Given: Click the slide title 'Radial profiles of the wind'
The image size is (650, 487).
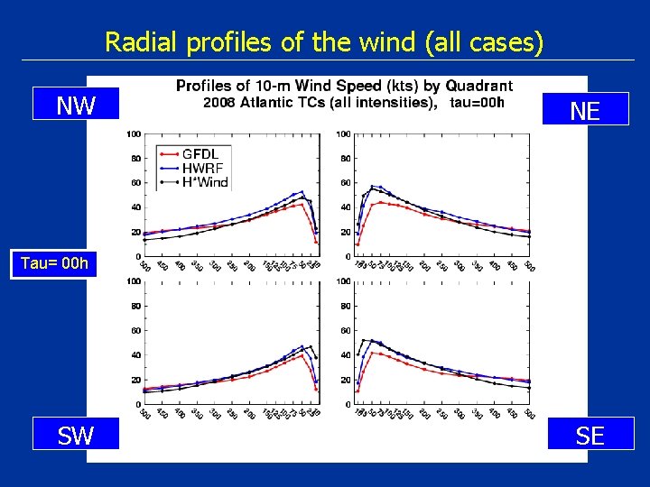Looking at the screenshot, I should [x=324, y=41].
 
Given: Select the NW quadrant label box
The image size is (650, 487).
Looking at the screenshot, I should [x=76, y=106].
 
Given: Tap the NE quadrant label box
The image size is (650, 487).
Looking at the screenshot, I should [x=585, y=110].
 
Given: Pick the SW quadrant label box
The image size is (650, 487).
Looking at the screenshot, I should [x=76, y=436].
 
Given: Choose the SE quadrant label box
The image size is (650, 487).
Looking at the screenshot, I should [x=590, y=436].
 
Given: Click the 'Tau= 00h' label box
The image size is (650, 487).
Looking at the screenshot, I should [x=56, y=263].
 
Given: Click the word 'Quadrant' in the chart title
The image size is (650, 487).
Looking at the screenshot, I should [x=478, y=87].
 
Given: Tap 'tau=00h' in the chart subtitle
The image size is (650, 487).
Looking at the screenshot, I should [x=477, y=102].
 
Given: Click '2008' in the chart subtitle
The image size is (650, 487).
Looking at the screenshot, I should [x=219, y=102].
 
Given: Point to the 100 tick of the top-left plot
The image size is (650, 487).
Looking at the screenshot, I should [x=133, y=134].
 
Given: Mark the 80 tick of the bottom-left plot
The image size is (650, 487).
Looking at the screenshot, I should [x=134, y=306].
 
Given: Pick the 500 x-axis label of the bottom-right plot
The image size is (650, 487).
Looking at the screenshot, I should [x=530, y=415].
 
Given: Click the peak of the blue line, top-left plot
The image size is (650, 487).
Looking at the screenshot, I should [x=302, y=191].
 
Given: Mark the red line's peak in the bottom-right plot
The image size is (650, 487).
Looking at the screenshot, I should [x=373, y=353].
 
